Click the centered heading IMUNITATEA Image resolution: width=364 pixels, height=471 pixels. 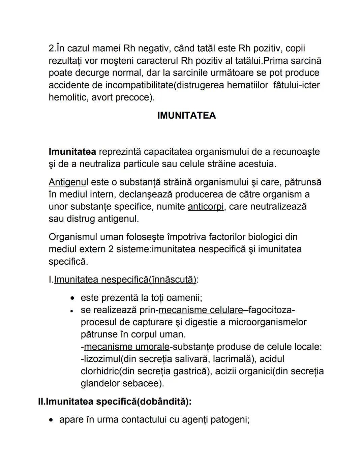(x=186, y=115)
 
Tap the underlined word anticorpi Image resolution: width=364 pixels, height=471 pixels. (x=206, y=206)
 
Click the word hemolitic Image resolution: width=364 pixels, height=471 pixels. (x=68, y=97)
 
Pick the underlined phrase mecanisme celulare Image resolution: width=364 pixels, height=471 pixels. (x=201, y=310)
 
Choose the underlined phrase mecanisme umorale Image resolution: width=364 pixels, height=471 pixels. (x=126, y=347)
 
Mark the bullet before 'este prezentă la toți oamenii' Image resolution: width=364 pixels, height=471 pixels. (x=72, y=298)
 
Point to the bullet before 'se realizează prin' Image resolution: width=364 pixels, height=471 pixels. (x=72, y=311)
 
